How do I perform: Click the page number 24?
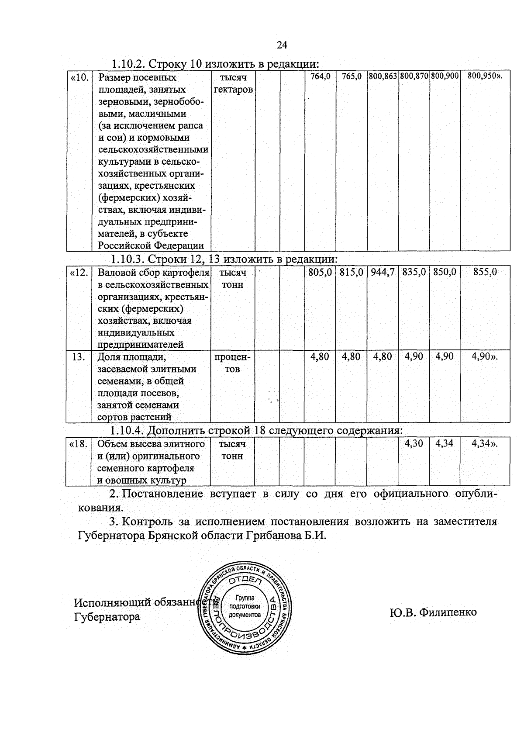pyautogui.click(x=282, y=45)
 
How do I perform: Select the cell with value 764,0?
pyautogui.click(x=320, y=76)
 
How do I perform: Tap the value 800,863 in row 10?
pyautogui.click(x=383, y=76)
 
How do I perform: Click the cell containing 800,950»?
pyautogui.click(x=485, y=76)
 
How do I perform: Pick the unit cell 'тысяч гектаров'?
pyautogui.click(x=233, y=84)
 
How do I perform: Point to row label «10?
pyautogui.click(x=79, y=78)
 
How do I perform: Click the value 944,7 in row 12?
pyautogui.click(x=383, y=273)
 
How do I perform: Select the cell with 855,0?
pyautogui.click(x=485, y=273)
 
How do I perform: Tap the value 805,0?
pyautogui.click(x=320, y=273)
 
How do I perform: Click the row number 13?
pyautogui.click(x=79, y=357)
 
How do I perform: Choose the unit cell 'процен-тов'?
pyautogui.click(x=232, y=363)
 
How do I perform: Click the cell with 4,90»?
pyautogui.click(x=485, y=357)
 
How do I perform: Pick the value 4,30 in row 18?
pyautogui.click(x=414, y=444)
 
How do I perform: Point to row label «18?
pyautogui.click(x=79, y=444)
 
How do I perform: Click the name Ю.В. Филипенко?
pyautogui.click(x=433, y=612)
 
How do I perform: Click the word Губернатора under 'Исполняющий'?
pyautogui.click(x=107, y=617)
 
